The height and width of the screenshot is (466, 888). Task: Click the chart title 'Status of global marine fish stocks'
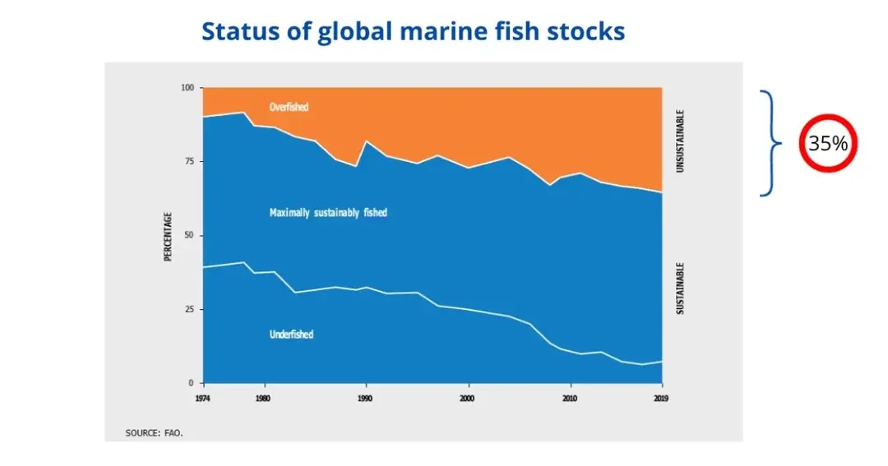pyautogui.click(x=413, y=31)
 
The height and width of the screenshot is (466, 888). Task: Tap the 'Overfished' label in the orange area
pyautogui.click(x=289, y=107)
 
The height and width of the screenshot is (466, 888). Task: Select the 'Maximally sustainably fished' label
pyautogui.click(x=328, y=213)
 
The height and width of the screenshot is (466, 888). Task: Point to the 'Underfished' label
pyautogui.click(x=291, y=335)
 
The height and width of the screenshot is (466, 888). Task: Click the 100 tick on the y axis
pyautogui.click(x=187, y=88)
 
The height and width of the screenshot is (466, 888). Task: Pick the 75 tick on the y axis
pyautogui.click(x=189, y=162)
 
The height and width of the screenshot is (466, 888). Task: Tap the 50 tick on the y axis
pyautogui.click(x=189, y=236)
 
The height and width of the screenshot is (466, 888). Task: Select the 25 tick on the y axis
pyautogui.click(x=189, y=310)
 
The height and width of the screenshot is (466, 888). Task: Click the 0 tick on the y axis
pyautogui.click(x=191, y=383)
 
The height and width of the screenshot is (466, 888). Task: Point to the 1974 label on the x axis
pyautogui.click(x=202, y=399)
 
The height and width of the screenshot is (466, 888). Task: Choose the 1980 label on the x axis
pyautogui.click(x=262, y=399)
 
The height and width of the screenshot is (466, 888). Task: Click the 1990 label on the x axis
pyautogui.click(x=365, y=399)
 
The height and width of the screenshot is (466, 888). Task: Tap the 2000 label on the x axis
pyautogui.click(x=468, y=399)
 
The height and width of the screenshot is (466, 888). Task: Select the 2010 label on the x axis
pyautogui.click(x=570, y=399)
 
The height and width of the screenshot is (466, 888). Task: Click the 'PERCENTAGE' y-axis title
pyautogui.click(x=168, y=237)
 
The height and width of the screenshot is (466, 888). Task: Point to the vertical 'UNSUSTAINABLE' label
pyautogui.click(x=680, y=141)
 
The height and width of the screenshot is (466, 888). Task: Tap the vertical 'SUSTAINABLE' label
pyautogui.click(x=680, y=288)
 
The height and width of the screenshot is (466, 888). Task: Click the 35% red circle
pyautogui.click(x=828, y=143)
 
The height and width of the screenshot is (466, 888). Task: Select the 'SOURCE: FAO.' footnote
pyautogui.click(x=154, y=431)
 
